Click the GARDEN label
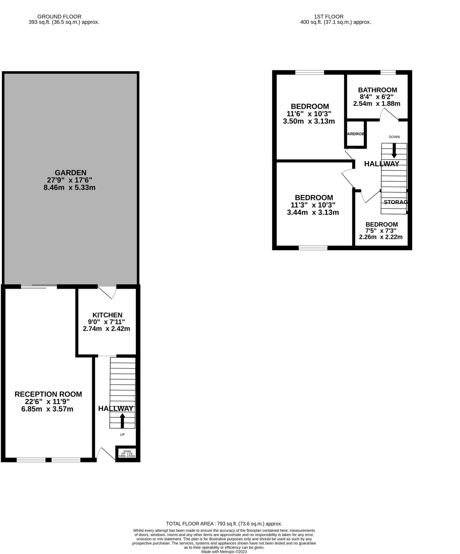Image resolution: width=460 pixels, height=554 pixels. coord(70,173)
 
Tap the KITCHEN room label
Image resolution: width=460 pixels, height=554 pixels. coord(107,315)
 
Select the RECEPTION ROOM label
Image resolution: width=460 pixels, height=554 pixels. coord(48,394)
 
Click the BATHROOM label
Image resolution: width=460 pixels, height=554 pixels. coord(377,90)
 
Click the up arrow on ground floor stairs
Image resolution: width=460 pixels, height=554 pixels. coord(122,420)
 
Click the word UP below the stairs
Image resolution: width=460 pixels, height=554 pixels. coord(122,434)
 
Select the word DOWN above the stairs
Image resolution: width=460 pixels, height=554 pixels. coord(394,137)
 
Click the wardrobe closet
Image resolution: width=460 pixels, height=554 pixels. coord(355,134)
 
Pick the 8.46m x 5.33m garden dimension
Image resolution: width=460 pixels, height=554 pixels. coord(70,187)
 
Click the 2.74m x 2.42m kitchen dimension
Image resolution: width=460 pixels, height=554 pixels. coord(106,329)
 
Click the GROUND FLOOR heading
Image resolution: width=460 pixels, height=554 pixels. coord(59,17)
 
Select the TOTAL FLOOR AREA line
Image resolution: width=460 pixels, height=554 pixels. coord(224,524)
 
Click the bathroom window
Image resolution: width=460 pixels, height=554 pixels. coord(388,72)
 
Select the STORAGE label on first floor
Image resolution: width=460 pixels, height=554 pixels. coord(396,202)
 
